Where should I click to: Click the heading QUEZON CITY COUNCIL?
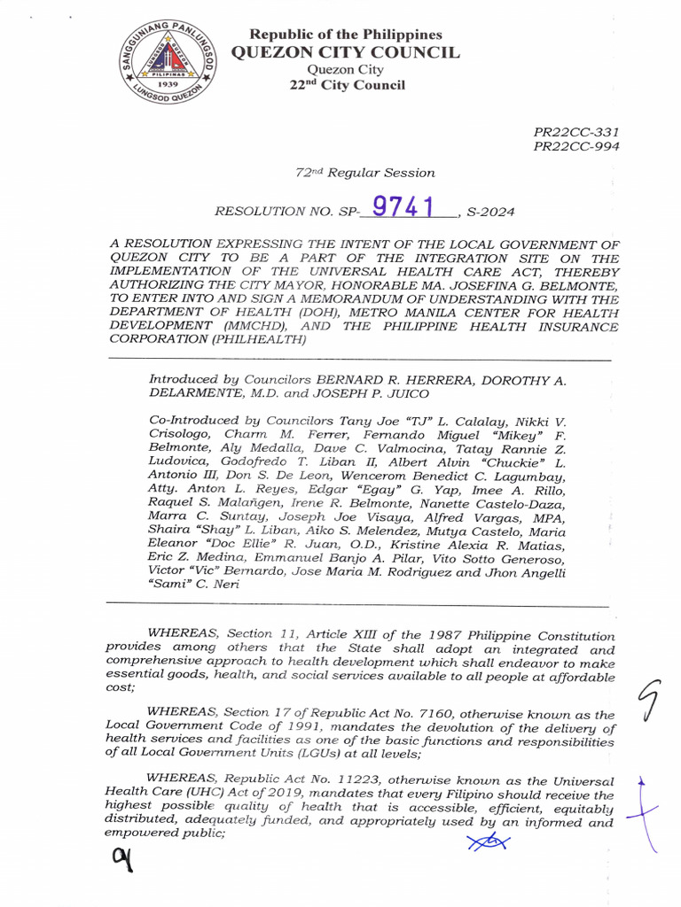click(345, 52)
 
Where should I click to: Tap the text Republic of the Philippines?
click(346, 34)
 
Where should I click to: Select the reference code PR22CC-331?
click(576, 131)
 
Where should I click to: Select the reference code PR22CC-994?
click(576, 146)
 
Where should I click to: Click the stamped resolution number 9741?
click(403, 206)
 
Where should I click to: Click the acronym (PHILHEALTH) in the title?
click(265, 340)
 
